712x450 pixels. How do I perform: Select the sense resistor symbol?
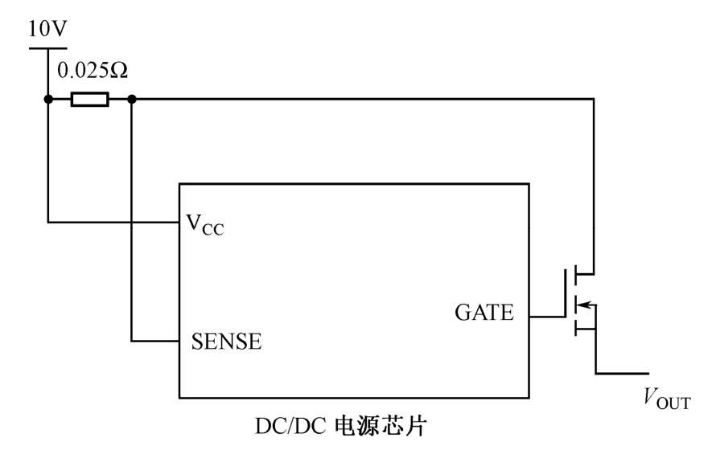[x=89, y=99]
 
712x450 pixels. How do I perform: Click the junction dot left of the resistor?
[x=48, y=99]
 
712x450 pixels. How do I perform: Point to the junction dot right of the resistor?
[x=131, y=99]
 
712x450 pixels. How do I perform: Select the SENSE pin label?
[x=226, y=341]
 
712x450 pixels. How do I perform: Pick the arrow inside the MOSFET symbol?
[x=586, y=305]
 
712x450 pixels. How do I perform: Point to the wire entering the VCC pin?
[x=113, y=220]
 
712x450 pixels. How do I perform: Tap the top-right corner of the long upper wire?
[x=595, y=99]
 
